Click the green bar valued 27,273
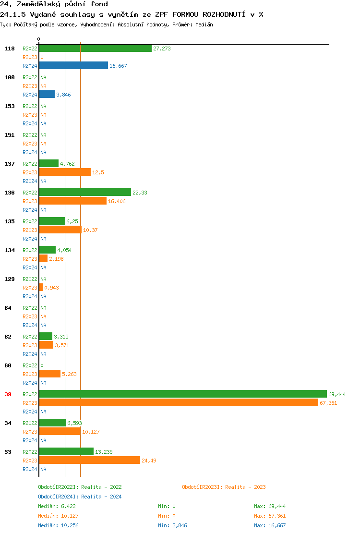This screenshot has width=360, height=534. [95, 49]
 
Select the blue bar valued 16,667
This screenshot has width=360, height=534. [73, 66]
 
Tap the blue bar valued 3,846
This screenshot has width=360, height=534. [47, 95]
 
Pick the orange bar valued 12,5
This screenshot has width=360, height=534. [65, 172]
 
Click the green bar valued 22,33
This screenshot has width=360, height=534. [85, 193]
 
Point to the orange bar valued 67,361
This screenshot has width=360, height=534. [179, 403]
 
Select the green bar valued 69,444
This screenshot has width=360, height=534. [183, 394]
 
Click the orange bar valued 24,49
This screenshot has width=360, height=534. [90, 461]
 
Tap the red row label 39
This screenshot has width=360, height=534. [8, 394]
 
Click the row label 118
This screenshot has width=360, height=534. [10, 49]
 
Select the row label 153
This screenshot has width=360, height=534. [10, 106]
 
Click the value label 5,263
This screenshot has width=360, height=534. [69, 374]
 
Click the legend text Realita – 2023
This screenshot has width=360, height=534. [245, 487]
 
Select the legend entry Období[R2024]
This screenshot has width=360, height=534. [59, 497]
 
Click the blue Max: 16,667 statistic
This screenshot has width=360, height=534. [270, 525]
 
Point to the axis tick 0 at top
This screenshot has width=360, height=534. [39, 39]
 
